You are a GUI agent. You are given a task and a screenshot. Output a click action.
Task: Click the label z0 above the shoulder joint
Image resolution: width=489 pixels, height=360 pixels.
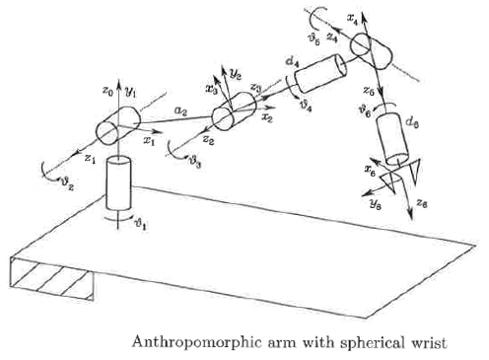[108, 91]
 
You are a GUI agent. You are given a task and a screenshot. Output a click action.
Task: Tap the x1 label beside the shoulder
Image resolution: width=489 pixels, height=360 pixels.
[150, 140]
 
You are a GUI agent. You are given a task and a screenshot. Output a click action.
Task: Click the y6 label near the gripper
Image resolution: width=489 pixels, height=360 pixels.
[374, 201]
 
